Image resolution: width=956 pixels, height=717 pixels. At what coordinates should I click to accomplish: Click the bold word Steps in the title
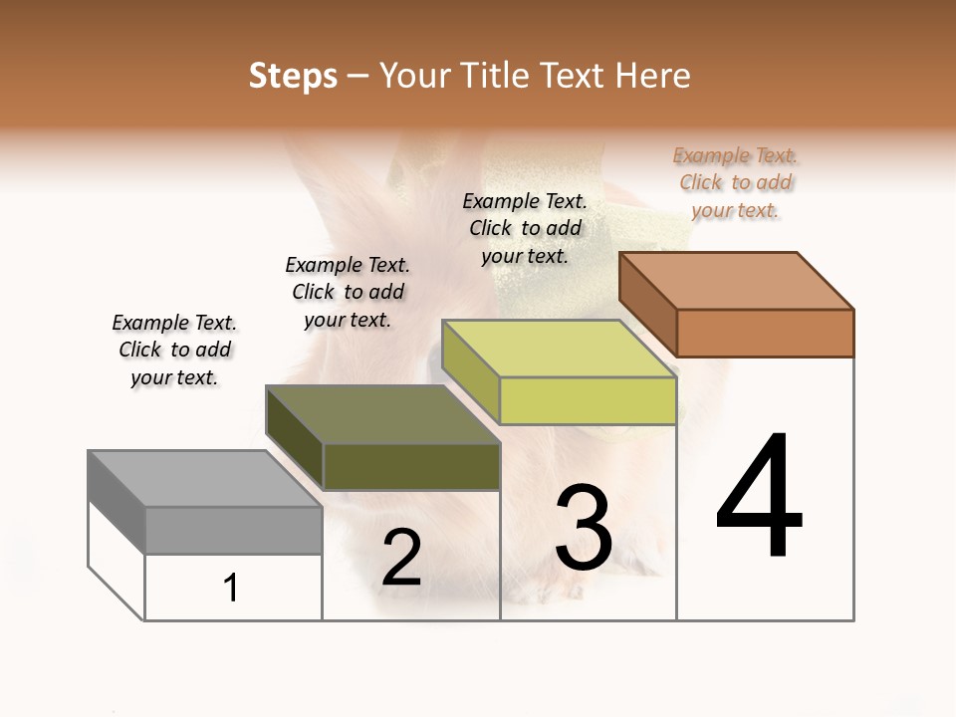293,76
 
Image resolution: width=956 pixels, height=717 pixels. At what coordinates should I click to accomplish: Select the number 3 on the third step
584,528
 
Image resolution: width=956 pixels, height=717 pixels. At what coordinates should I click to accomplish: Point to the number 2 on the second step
401,558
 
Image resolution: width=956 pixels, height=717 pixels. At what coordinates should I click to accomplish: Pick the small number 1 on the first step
231,588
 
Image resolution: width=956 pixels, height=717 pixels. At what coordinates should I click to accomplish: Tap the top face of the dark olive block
382,413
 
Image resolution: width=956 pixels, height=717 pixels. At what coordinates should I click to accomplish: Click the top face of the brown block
737,280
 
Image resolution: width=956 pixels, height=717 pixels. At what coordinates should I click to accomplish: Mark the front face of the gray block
234,530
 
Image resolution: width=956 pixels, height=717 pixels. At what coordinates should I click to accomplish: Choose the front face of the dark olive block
411,466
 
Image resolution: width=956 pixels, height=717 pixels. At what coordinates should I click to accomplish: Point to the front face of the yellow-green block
588,401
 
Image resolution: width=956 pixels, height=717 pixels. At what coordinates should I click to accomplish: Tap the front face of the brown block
765,333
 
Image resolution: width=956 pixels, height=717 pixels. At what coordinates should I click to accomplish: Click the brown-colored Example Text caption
736,182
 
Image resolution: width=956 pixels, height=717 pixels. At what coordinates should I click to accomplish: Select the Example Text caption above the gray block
174,350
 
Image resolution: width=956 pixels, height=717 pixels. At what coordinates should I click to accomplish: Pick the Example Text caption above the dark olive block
348,292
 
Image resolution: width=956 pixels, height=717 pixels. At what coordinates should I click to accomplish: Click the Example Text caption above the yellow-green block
525,228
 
